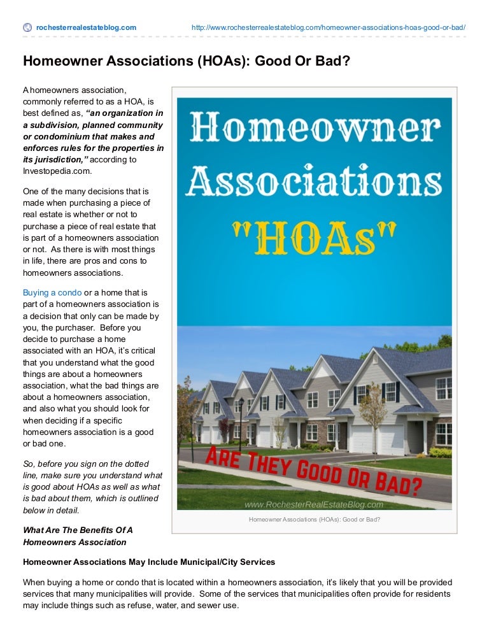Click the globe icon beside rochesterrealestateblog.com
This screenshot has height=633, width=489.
27,27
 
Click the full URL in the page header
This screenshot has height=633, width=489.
329,28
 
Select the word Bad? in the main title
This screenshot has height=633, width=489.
330,62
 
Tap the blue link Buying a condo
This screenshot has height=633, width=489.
52,292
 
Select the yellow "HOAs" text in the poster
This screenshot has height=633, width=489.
315,239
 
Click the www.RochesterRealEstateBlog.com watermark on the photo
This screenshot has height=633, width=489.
314,505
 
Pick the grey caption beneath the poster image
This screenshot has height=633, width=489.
314,520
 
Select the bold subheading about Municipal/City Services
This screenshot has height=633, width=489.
149,562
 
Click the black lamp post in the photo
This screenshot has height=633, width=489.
241,423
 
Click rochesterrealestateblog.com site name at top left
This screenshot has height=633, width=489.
86,28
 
